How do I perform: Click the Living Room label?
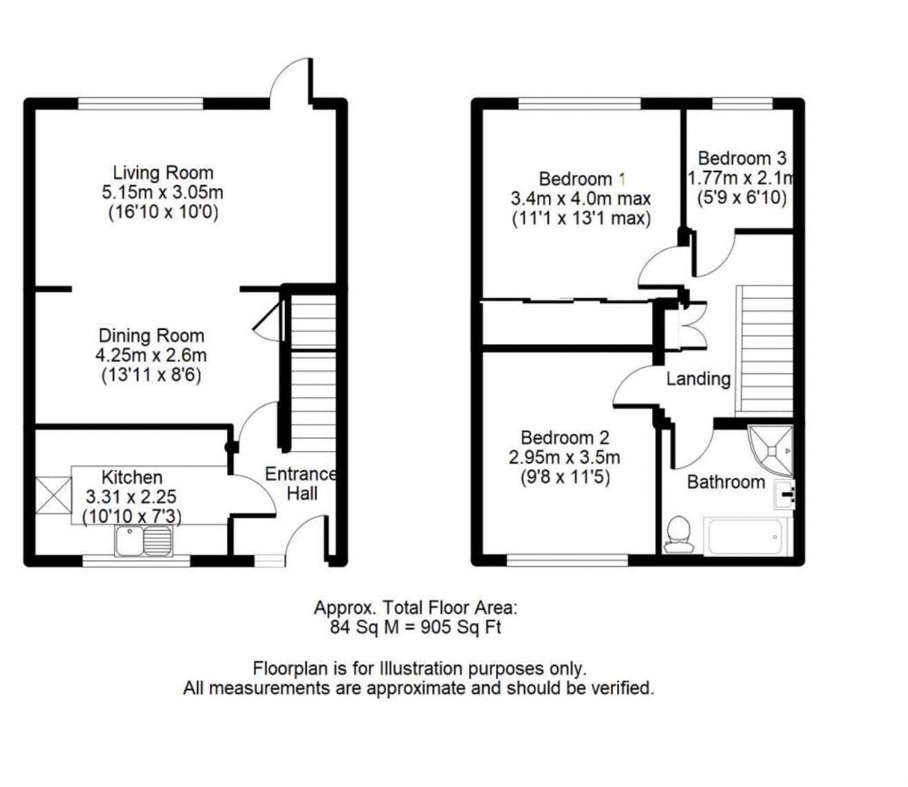(163, 173)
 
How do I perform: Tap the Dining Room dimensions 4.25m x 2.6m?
(151, 355)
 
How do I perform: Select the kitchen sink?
(144, 541)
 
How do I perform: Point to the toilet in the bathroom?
(679, 534)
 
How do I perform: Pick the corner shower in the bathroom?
(770, 451)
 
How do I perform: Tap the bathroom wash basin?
(785, 495)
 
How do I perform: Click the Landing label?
(698, 379)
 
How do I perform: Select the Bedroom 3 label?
(742, 158)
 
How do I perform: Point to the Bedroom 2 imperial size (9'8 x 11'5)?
(565, 477)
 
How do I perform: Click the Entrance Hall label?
(301, 484)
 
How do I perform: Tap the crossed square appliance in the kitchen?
(53, 495)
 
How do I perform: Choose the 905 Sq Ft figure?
(461, 627)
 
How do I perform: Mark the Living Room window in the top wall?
(141, 104)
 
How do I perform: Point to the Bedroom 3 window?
(742, 104)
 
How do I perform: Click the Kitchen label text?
(132, 477)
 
